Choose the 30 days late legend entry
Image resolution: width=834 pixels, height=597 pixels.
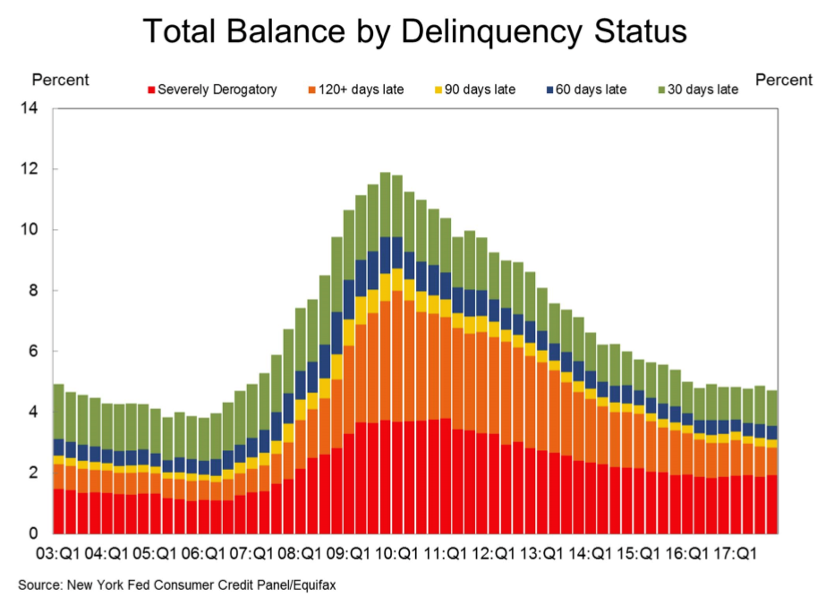pyautogui.click(x=702, y=90)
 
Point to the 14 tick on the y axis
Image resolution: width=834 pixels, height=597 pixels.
pyautogui.click(x=36, y=109)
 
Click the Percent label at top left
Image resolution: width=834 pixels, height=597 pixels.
pyautogui.click(x=61, y=80)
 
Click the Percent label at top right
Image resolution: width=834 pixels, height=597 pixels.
pyautogui.click(x=784, y=80)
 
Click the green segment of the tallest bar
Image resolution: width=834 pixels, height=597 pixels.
pyautogui.click(x=385, y=204)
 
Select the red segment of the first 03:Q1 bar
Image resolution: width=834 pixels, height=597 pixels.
pyautogui.click(x=58, y=510)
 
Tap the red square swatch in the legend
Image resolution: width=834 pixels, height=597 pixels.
pyautogui.click(x=152, y=90)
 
